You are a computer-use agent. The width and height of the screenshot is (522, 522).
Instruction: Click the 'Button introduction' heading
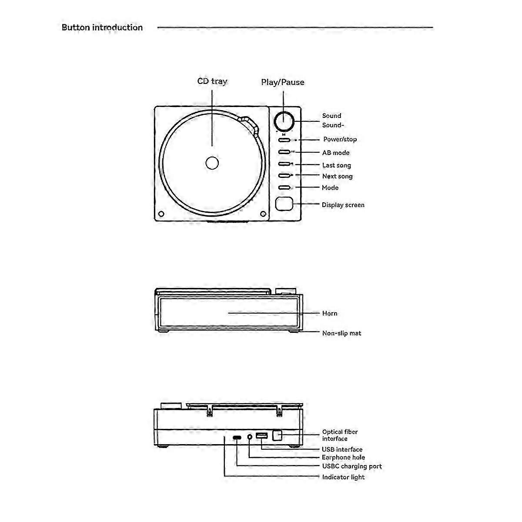tap(102, 27)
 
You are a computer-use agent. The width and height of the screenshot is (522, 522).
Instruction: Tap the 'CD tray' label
tap(212, 81)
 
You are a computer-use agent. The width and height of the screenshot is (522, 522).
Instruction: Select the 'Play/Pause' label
tap(283, 82)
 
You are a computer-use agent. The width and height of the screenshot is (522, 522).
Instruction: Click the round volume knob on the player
tap(284, 121)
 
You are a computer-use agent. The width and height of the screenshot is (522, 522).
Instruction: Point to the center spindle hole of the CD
tap(212, 163)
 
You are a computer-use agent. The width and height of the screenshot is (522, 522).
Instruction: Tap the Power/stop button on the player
tap(284, 140)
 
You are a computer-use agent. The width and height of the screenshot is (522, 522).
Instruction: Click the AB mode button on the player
tap(284, 152)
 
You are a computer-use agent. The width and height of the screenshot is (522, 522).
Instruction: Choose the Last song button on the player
tap(284, 164)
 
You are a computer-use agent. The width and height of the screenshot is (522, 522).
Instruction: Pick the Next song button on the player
tap(284, 176)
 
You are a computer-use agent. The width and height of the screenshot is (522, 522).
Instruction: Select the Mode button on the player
tap(284, 187)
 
